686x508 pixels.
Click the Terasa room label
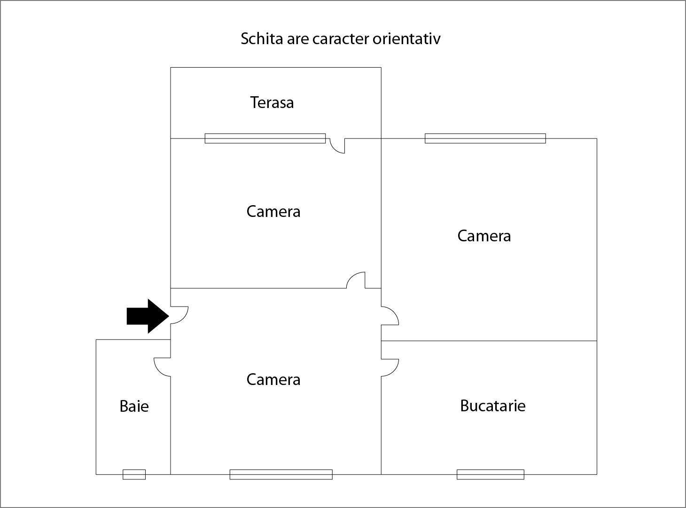272,102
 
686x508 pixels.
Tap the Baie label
134,406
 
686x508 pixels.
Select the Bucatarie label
492,406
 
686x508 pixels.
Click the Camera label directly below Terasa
273,211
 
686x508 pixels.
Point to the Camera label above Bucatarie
484,236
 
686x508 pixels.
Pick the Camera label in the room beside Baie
273,379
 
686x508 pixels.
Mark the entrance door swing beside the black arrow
179,315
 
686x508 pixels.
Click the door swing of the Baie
163,367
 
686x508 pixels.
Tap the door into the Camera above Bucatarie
390,316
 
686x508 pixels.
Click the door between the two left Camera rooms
356,280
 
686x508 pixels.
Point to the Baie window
134,474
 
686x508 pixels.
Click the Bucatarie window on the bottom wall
490,474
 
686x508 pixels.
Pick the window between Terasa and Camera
265,139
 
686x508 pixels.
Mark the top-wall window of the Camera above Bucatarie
485,139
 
